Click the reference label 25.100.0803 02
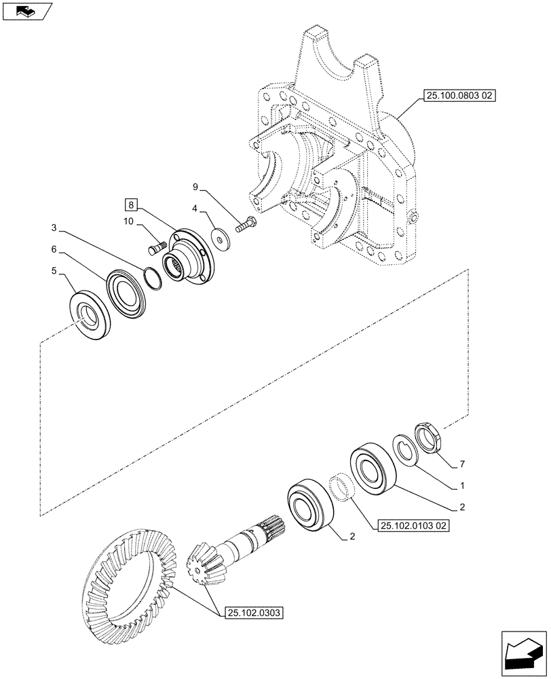pos(460,97)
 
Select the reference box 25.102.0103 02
pos(411,526)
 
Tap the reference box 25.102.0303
pos(250,612)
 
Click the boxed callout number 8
pos(130,204)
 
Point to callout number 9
pos(195,185)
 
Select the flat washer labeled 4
pos(218,236)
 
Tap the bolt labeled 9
pos(246,224)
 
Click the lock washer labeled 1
pos(406,449)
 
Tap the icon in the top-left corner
pos(26,10)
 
